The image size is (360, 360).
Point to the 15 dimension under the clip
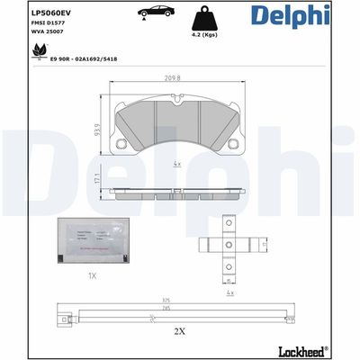coord(229,281)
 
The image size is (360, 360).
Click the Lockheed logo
coord(319,349)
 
